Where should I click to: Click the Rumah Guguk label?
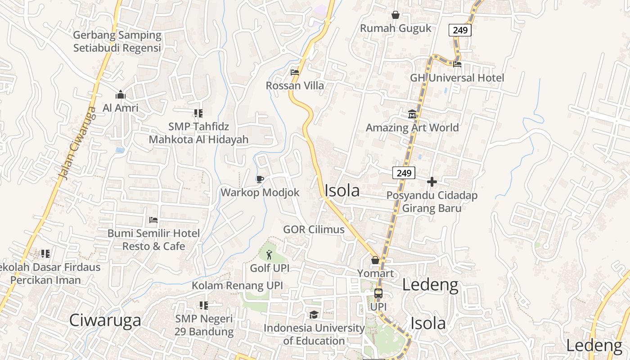click(396, 28)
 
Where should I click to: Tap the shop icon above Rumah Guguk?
click(396, 15)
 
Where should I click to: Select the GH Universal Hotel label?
click(457, 78)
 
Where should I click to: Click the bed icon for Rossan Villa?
click(295, 72)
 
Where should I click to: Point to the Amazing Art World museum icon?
click(412, 114)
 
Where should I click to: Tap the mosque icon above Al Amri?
click(120, 95)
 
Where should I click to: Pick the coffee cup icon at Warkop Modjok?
click(260, 179)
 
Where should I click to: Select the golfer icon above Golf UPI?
click(269, 255)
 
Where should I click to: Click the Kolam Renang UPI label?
click(237, 286)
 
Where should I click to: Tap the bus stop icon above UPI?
click(378, 293)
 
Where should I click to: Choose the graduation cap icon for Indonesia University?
click(314, 315)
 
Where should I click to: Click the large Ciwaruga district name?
click(105, 320)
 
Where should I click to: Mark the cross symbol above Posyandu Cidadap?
click(432, 182)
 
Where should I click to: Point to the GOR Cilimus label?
click(314, 229)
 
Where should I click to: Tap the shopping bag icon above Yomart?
click(375, 260)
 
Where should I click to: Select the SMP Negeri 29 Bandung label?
click(204, 325)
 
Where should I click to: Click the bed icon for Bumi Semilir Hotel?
click(153, 220)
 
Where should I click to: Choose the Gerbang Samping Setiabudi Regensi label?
click(117, 41)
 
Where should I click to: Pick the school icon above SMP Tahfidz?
click(198, 113)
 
